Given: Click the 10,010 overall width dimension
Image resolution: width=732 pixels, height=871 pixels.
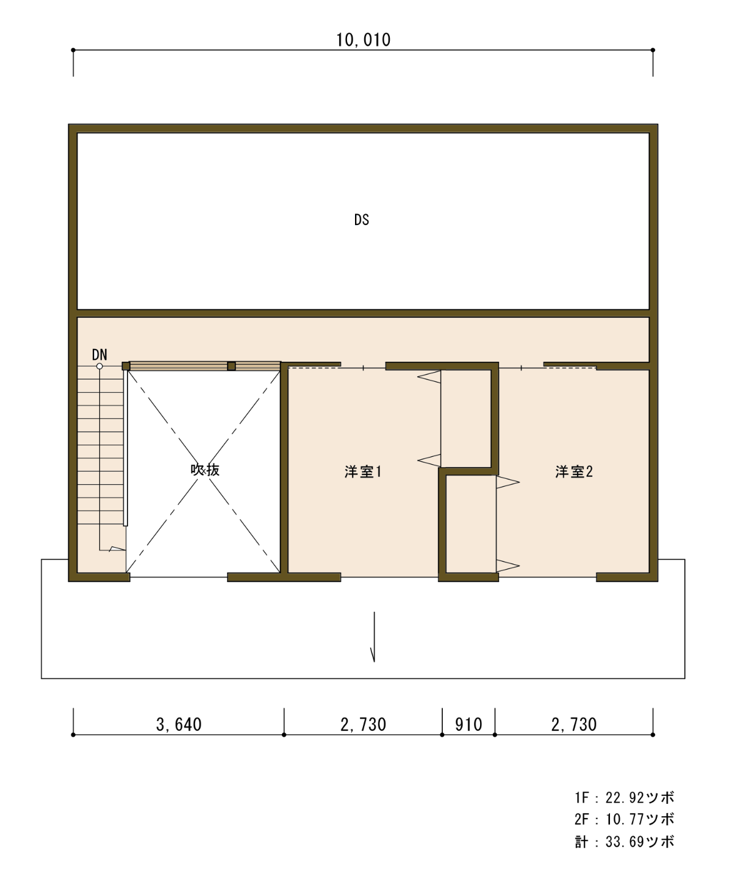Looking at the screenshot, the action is point(363,40).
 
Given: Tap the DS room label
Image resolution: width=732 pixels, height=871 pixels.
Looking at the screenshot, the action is point(361,220).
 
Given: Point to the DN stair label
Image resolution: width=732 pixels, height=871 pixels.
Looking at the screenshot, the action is point(99,354).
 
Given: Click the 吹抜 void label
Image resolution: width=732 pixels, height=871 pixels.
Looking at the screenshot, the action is point(205,470).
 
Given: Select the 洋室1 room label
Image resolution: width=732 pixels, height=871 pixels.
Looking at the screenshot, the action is point(363,472).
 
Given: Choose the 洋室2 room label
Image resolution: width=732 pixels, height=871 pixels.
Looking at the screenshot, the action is point(574,471).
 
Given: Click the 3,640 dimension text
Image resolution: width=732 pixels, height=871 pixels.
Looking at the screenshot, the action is point(179,725).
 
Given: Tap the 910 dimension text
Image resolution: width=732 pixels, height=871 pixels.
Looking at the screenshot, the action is point(468,725).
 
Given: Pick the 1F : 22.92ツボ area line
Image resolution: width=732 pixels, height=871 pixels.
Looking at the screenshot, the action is point(624,798).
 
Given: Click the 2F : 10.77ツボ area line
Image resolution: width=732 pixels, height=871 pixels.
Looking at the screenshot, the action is point(624,819).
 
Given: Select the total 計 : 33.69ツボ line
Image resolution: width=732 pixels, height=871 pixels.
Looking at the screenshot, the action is point(624,842).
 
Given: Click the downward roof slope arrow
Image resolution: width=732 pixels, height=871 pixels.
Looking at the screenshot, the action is point(373,637).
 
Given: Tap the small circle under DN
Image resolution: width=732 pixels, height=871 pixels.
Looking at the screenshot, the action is point(99,366).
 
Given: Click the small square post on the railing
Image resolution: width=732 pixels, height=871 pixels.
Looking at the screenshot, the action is point(231,366).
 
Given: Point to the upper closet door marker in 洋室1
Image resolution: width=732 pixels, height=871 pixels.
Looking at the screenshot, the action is point(429,377).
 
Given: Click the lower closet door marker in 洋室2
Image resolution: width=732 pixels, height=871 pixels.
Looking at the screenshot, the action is point(508,566).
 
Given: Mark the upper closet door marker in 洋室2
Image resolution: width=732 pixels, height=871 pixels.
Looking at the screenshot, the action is point(508,482).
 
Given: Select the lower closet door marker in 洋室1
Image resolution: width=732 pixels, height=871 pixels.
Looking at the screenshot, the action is point(429,461).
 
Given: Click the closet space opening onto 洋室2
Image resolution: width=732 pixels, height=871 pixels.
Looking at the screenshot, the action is point(471,524).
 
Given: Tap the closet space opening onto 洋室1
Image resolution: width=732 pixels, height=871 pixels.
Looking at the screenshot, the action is point(466,419).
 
